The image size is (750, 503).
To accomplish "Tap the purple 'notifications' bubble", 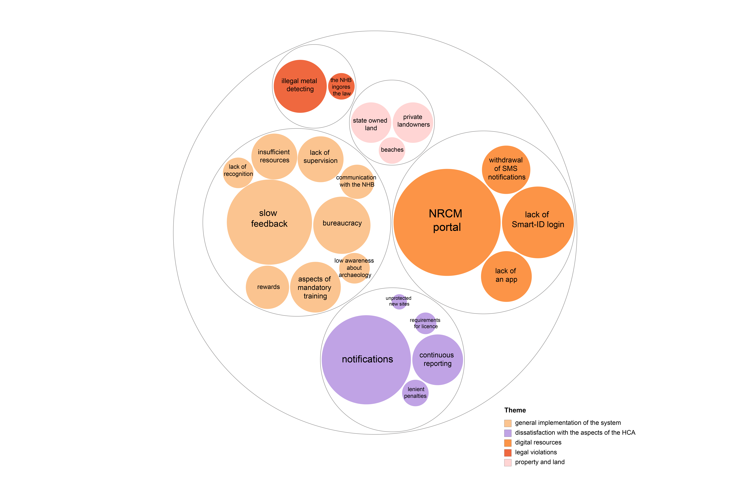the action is (x=366, y=360).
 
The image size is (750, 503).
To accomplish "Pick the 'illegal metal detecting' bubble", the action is (x=300, y=86).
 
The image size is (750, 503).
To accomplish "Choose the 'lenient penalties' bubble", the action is (x=415, y=393).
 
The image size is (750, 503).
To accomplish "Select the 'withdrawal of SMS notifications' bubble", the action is (x=506, y=170).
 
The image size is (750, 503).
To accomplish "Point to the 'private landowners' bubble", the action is (x=413, y=122).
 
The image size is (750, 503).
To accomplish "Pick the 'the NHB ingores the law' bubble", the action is (x=341, y=86).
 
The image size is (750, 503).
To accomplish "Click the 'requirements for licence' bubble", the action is (x=426, y=323).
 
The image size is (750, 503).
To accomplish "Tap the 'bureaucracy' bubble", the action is (x=342, y=225).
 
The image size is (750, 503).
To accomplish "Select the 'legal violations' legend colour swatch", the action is (x=508, y=453).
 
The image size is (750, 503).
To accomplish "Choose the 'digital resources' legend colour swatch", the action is (x=508, y=443).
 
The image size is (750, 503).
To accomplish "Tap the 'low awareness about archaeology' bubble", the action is (x=354, y=268).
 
